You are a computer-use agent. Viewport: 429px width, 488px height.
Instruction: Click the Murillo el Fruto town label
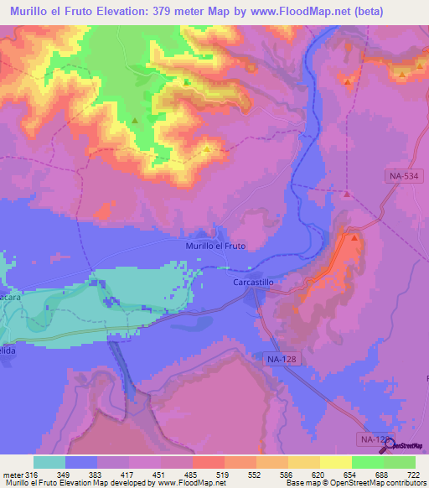click(x=214, y=246)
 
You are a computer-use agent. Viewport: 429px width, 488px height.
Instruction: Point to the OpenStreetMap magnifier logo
click(x=388, y=446)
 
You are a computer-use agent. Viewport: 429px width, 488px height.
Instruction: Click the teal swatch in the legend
click(x=49, y=462)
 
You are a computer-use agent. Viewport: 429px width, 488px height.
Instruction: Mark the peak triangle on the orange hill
click(x=355, y=238)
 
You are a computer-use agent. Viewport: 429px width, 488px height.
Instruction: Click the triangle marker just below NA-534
click(x=346, y=194)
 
